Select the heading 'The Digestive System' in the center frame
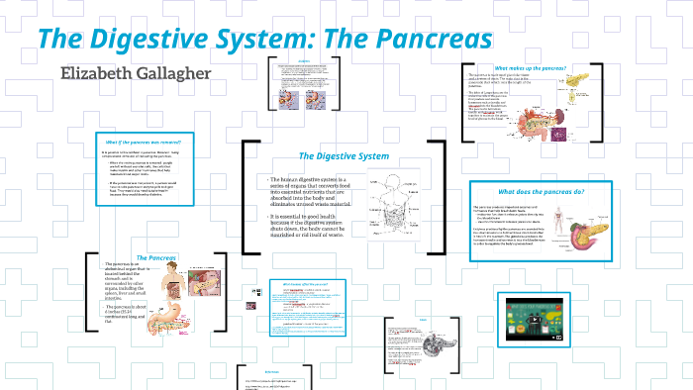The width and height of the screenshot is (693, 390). tap(345, 155)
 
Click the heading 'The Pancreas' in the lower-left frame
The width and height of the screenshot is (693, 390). tap(156, 258)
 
